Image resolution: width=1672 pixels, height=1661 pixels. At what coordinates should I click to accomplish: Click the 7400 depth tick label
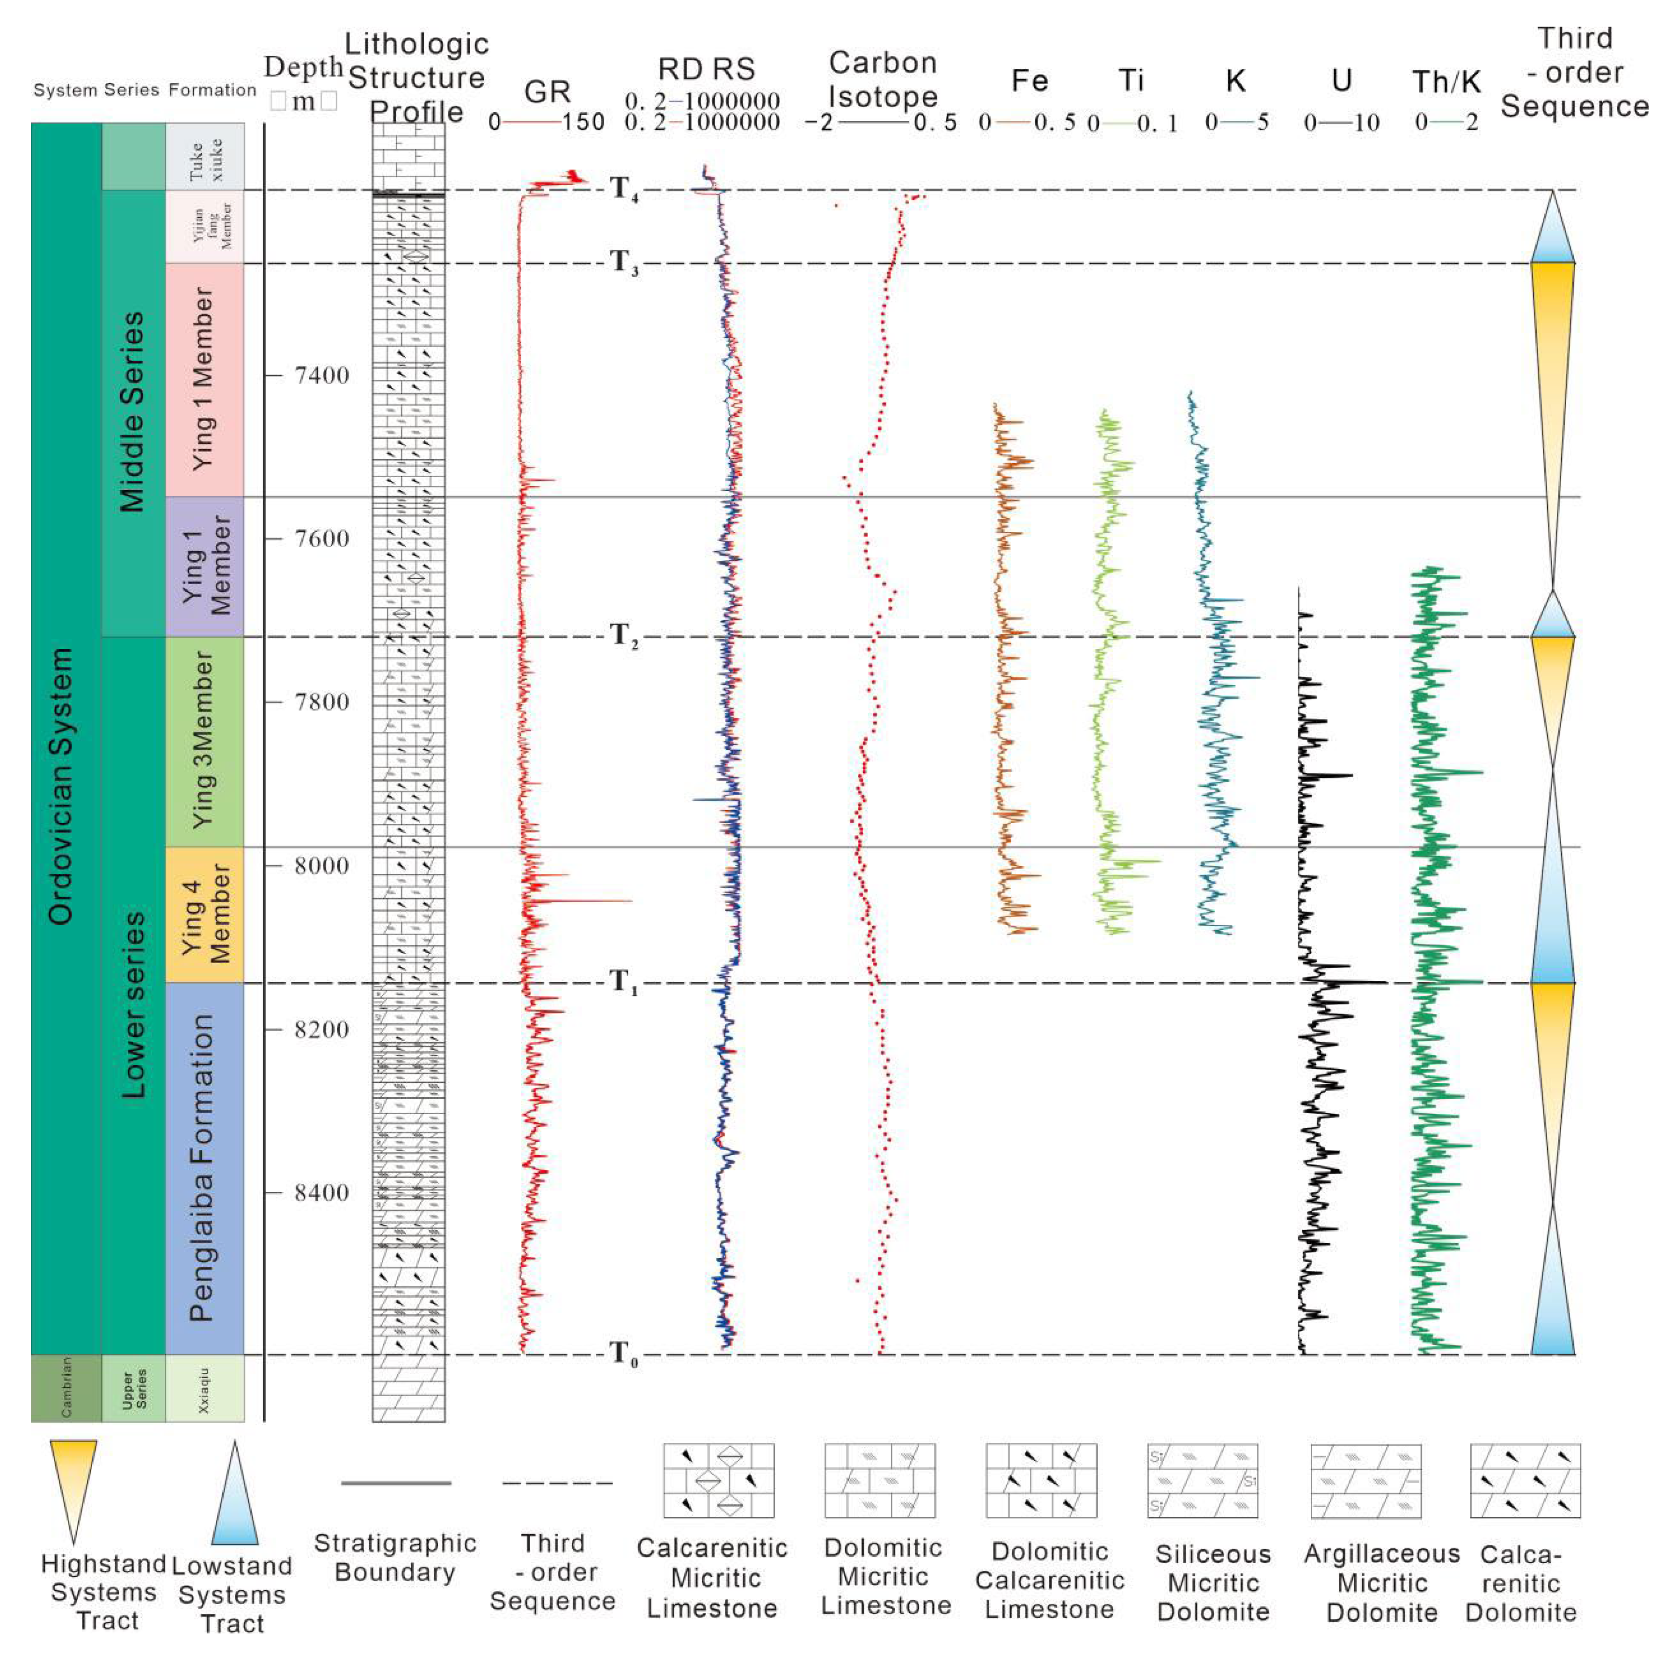click(321, 376)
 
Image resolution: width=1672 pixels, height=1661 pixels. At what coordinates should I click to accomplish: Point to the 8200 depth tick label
click(321, 1030)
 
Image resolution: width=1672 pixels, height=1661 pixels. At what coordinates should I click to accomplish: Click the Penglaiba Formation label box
click(204, 1168)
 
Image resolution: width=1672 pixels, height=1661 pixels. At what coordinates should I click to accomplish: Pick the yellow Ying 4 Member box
click(204, 914)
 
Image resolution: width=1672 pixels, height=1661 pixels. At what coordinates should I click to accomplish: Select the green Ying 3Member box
click(204, 741)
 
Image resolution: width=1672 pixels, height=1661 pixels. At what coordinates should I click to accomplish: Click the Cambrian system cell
click(66, 1388)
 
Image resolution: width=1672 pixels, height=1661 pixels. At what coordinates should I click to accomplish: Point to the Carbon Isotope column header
click(882, 80)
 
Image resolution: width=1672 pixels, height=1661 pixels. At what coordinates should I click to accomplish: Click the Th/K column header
click(1446, 82)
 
